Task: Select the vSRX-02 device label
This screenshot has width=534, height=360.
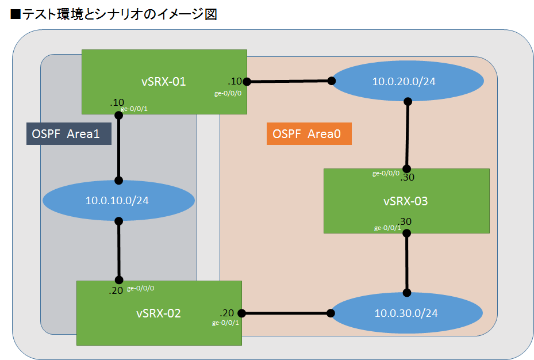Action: (x=159, y=313)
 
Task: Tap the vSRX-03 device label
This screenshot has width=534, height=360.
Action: (x=405, y=201)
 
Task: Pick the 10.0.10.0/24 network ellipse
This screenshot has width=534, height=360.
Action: (x=118, y=201)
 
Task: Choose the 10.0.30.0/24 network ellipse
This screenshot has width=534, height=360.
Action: (x=406, y=313)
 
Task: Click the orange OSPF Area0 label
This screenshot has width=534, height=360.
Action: (x=309, y=134)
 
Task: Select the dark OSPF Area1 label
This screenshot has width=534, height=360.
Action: (x=68, y=134)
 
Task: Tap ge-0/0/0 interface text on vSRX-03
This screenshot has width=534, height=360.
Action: (x=386, y=173)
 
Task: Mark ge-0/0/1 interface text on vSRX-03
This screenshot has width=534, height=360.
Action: (x=387, y=228)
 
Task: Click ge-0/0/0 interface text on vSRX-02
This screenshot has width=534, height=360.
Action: (x=140, y=288)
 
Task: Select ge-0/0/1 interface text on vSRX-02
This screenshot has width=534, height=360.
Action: (x=225, y=323)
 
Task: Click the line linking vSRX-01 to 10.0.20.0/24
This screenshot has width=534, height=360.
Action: (x=289, y=81)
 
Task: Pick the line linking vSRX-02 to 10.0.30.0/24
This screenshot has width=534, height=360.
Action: (x=286, y=313)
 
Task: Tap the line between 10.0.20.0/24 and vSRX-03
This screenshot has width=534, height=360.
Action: (x=407, y=135)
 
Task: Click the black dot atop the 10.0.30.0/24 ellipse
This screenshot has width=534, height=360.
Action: (x=407, y=293)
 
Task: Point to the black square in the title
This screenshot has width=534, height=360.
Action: (x=16, y=14)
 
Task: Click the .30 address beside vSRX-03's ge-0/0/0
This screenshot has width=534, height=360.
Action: (x=408, y=178)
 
